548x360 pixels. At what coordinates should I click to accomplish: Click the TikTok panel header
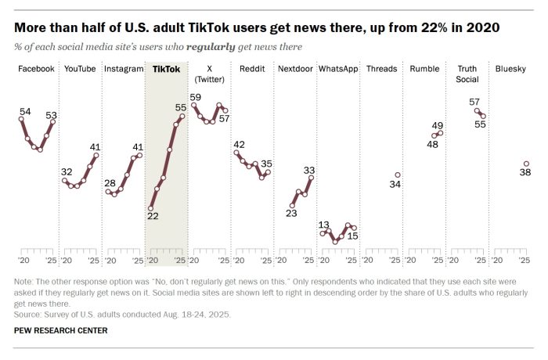166,69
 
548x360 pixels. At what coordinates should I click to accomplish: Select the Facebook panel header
37,69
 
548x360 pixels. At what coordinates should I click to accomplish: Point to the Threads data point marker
398,175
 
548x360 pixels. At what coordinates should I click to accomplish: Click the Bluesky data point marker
526,164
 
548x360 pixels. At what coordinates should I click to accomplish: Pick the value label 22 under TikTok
153,217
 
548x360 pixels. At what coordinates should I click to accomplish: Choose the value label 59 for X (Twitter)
196,97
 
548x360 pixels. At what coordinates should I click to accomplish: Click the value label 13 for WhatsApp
324,225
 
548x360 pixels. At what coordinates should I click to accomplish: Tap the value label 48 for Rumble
432,143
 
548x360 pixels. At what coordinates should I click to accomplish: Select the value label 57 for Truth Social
474,102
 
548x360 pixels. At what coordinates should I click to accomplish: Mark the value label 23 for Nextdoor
291,213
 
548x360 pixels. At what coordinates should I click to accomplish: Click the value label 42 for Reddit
240,144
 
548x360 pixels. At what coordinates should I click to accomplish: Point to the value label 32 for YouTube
67,171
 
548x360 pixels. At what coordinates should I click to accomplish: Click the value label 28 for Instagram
110,183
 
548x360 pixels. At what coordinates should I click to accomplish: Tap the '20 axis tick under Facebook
23,260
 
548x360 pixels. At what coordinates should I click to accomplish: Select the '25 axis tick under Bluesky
525,260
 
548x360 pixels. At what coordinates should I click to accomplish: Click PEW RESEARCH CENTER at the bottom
61,331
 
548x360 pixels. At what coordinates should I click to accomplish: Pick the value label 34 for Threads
395,185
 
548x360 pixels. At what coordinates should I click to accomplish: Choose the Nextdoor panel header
296,69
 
